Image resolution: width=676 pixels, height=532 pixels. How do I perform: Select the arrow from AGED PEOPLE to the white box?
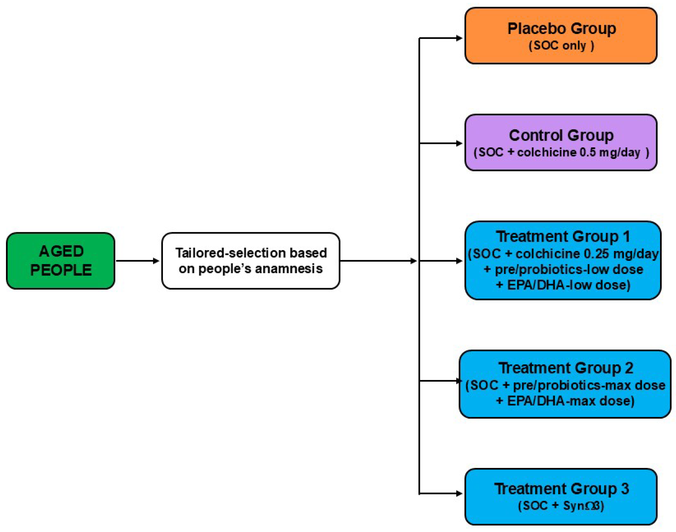point(137,261)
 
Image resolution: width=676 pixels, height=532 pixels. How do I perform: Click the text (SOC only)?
point(561,46)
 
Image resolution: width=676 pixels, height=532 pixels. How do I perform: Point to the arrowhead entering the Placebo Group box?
point(459,38)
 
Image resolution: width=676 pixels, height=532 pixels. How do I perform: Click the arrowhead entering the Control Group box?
point(459,143)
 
